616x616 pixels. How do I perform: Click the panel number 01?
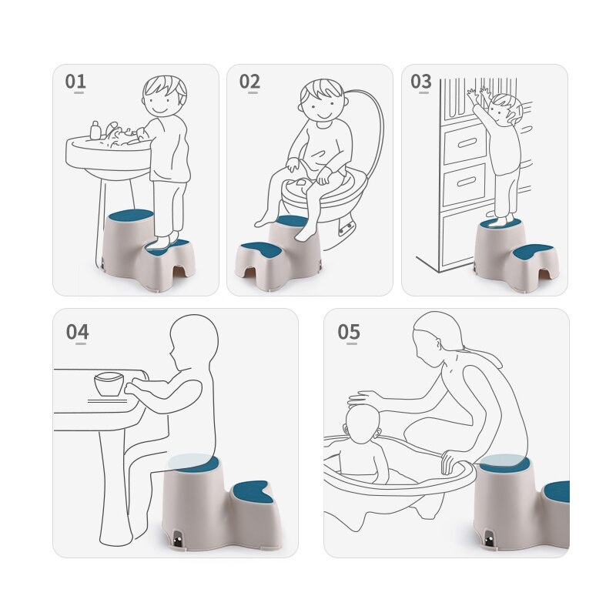point(75,82)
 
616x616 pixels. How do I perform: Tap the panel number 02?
point(249,82)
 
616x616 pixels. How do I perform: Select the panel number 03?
point(420,82)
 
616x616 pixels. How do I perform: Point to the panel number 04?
point(77,332)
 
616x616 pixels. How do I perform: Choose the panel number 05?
point(349,332)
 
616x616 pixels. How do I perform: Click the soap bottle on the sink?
point(95,130)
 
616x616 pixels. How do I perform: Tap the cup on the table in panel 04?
point(109,383)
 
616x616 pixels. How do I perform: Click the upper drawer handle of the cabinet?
point(467,143)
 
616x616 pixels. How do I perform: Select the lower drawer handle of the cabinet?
point(467,182)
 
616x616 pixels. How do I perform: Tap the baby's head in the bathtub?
point(363,424)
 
